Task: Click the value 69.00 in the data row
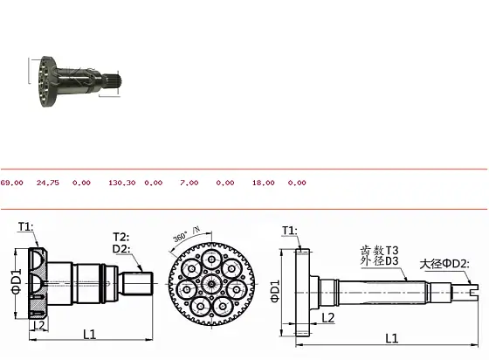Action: pos(12,183)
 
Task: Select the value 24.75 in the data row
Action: pos(47,183)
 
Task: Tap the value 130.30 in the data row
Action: pos(121,183)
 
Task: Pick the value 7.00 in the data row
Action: pos(189,183)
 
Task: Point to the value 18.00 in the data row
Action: pos(263,183)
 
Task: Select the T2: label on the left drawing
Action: pos(122,237)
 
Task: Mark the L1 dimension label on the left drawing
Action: pos(89,334)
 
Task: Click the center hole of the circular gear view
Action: pos(209,283)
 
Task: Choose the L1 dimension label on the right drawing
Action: pos(391,337)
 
